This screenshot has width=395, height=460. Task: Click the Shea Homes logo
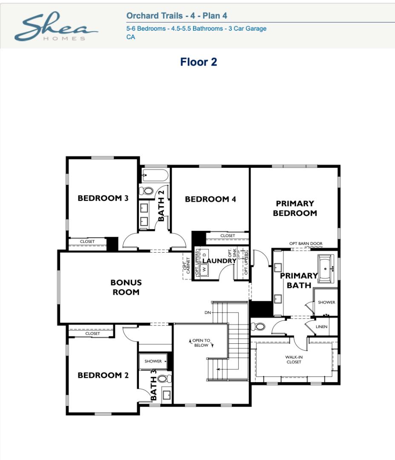click(x=56, y=26)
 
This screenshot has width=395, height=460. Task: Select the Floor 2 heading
click(x=199, y=62)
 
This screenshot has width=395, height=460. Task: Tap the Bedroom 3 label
click(x=103, y=198)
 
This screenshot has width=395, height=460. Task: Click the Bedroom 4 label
click(x=210, y=199)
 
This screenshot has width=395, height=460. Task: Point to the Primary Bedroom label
click(x=295, y=208)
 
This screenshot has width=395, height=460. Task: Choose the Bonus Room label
click(x=126, y=287)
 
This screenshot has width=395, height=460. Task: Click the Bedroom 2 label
click(x=103, y=375)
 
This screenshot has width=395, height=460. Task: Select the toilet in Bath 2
click(x=147, y=191)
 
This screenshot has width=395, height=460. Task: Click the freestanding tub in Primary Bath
click(x=326, y=269)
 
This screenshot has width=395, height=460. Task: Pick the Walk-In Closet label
click(x=294, y=359)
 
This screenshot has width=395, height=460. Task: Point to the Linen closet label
click(x=321, y=327)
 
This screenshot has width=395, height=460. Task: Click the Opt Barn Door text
click(x=306, y=244)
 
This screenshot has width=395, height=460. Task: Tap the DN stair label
click(x=208, y=313)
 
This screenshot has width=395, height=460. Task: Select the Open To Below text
click(x=201, y=342)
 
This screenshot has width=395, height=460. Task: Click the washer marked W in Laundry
click(x=205, y=269)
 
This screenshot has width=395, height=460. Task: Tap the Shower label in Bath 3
click(x=153, y=361)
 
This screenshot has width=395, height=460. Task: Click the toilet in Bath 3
click(x=164, y=379)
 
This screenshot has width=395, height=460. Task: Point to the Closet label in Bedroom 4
click(x=228, y=236)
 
